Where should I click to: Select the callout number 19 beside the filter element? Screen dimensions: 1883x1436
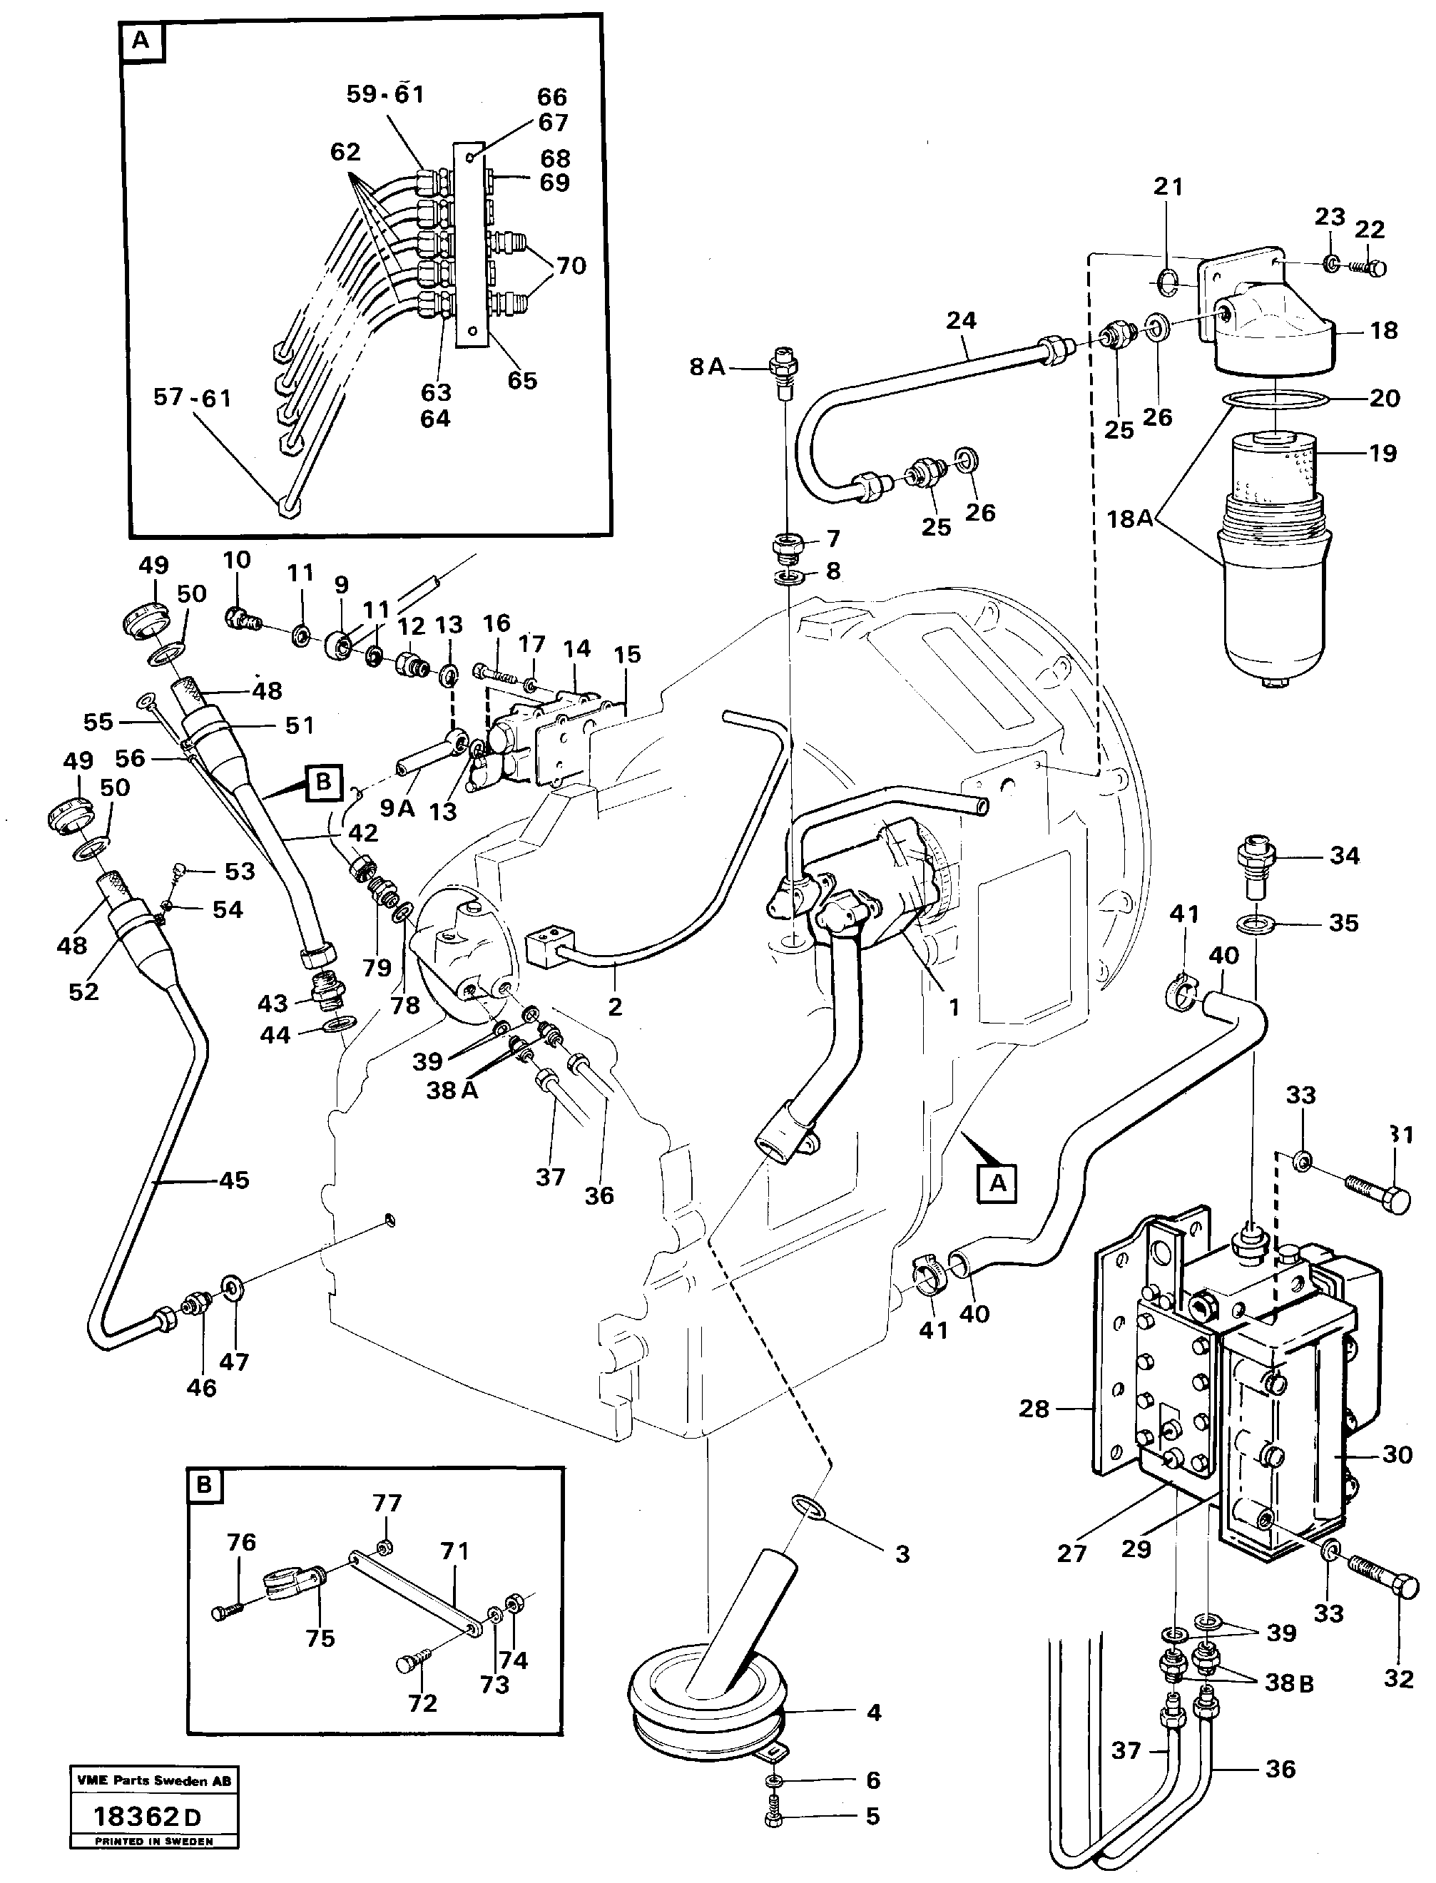point(1382,453)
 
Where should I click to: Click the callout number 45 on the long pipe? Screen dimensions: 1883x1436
point(234,1180)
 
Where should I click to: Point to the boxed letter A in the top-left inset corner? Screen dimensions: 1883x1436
point(142,41)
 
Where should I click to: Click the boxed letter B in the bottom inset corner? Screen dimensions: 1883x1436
point(203,1485)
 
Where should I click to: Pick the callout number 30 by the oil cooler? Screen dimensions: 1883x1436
point(1397,1454)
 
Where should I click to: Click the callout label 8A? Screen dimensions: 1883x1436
point(707,367)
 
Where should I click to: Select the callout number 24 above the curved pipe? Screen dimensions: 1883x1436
point(961,320)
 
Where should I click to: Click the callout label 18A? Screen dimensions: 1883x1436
point(1129,518)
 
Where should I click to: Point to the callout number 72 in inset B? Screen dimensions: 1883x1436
point(422,1703)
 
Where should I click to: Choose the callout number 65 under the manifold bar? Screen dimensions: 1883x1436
point(521,380)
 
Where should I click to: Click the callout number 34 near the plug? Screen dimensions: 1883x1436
point(1344,856)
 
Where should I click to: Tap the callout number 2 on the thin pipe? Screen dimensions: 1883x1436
point(615,1007)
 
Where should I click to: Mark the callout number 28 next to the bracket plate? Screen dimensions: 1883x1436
point(1034,1408)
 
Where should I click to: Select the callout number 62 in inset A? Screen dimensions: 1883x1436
point(345,152)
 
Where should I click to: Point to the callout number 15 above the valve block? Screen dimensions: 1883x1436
point(626,655)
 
